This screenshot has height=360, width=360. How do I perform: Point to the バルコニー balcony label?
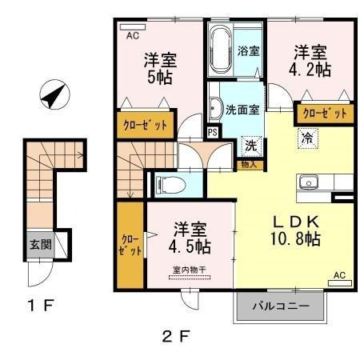pos(282,306)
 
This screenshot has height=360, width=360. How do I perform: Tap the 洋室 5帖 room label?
pos(160,69)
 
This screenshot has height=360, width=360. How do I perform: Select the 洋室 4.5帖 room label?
pos(190,236)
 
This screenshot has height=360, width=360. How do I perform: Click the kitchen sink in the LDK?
pos(310,182)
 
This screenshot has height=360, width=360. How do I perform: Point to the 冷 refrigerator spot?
pos(306,138)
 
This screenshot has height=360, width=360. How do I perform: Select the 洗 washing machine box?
pos(250,146)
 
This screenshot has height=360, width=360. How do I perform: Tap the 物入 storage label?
pos(249,165)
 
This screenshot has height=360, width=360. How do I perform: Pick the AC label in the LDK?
pos(338,276)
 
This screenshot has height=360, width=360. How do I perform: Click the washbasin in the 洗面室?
pos(216,107)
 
